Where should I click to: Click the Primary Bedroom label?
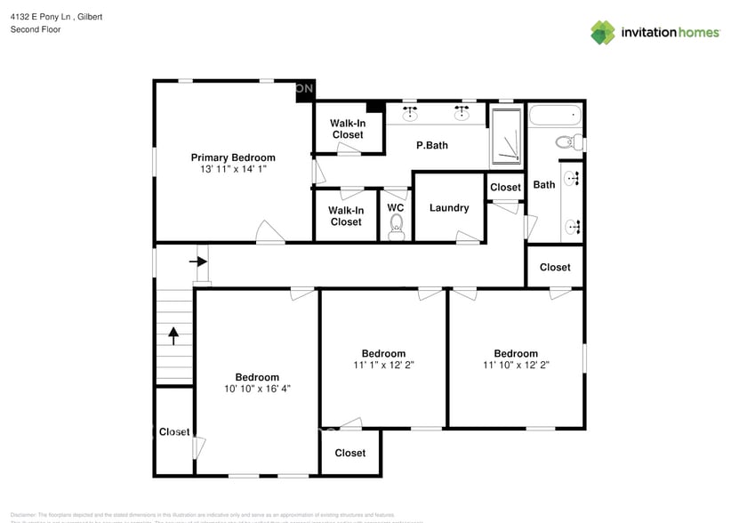[x=233, y=157]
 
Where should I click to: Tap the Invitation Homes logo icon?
[x=603, y=32]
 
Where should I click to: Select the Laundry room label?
[x=449, y=208]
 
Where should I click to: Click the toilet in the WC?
[x=397, y=229]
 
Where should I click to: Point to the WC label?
[x=396, y=208]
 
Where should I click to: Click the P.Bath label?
[x=432, y=145]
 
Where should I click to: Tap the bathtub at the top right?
[x=554, y=116]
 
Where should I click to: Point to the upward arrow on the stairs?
[x=174, y=335]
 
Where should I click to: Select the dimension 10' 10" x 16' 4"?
[x=257, y=389]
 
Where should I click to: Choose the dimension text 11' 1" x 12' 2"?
[x=383, y=365]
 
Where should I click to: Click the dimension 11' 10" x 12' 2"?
[x=516, y=365]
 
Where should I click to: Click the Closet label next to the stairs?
[x=174, y=432]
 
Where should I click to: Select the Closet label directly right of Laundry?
[x=505, y=187]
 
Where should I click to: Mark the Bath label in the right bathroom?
[x=544, y=185]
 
